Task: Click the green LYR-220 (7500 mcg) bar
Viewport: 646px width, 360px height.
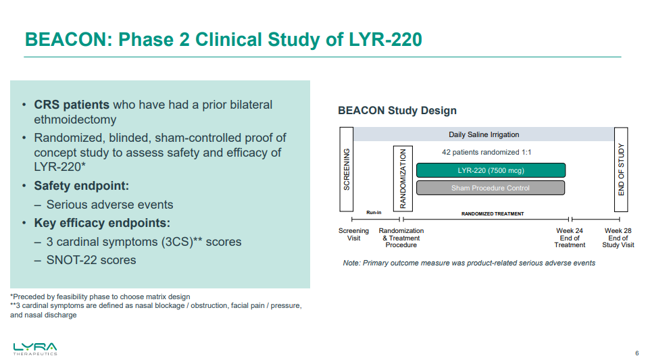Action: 491,170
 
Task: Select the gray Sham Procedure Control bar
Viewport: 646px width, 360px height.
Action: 491,188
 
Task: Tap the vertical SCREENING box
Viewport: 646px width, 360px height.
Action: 347,170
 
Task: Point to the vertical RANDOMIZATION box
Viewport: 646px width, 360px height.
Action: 403,178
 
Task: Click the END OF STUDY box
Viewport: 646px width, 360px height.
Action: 621,170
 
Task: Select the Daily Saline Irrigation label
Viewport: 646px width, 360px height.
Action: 484,134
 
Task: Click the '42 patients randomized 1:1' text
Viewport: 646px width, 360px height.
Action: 487,153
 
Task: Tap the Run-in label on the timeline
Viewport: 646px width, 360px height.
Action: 374,213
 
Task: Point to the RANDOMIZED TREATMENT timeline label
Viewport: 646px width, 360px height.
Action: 493,214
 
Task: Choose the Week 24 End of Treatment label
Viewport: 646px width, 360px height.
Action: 570,238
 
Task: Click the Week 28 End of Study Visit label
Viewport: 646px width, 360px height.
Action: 618,238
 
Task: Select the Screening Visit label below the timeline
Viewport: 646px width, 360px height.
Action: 353,234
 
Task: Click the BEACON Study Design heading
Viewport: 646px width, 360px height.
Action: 397,110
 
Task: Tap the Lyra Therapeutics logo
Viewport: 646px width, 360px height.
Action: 35,349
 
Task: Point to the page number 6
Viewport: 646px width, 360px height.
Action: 637,353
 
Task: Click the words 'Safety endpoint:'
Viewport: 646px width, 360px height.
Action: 82,186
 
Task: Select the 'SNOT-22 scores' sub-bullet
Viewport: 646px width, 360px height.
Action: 91,260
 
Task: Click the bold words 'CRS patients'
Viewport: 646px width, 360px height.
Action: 72,105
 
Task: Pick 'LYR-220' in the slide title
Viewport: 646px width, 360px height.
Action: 385,40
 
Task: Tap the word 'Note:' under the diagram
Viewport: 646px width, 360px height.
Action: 351,263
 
